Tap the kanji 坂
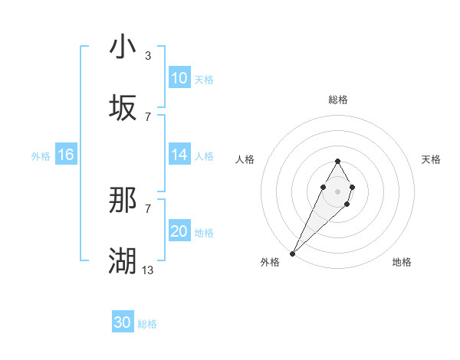123,109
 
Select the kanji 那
123,201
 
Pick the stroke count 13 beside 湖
147,270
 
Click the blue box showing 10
179,78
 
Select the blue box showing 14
179,155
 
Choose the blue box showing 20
179,232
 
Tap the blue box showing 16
66,155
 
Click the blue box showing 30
123,322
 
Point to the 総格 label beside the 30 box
147,324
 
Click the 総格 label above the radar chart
337,100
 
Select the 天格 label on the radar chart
431,159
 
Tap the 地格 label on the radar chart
402,262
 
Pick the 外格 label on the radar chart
270,262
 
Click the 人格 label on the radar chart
245,159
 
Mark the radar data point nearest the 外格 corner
293,253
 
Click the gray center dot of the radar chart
337,190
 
